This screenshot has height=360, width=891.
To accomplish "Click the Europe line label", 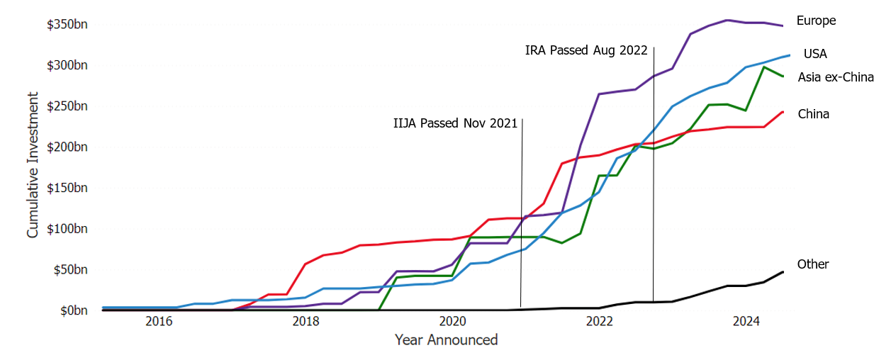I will [x=816, y=21].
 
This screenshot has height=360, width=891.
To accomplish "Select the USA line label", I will [x=815, y=54].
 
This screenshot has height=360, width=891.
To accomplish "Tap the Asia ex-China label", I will [x=836, y=77].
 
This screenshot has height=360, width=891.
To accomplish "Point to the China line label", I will [x=814, y=114].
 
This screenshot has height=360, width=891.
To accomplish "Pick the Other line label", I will [x=813, y=264].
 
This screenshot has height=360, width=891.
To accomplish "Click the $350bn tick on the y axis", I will [x=67, y=25].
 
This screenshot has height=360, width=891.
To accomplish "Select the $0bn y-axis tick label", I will [x=73, y=310].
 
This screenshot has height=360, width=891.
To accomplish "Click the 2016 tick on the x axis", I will [x=159, y=322].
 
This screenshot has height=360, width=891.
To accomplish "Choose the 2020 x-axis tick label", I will [x=453, y=322].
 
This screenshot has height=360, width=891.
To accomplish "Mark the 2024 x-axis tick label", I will [x=746, y=322].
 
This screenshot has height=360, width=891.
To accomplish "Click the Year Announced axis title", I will [x=446, y=340].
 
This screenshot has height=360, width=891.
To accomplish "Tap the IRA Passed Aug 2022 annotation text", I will [x=586, y=50].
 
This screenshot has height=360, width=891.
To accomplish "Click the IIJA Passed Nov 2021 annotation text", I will [x=455, y=123].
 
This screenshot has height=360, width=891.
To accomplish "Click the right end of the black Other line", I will [x=783, y=272].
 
